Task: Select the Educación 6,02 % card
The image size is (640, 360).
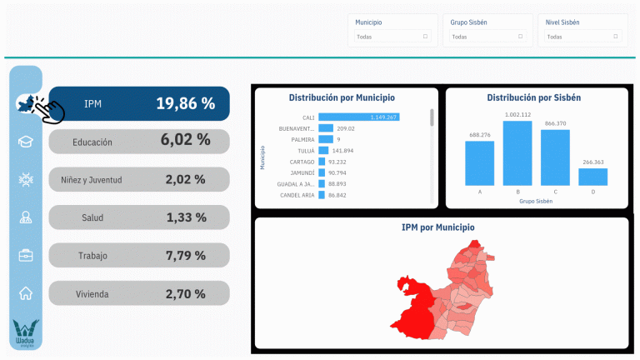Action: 138,141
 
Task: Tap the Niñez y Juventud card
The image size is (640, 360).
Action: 138,179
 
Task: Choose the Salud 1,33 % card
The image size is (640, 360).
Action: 138,217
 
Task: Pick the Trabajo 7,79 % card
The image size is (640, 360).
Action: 138,255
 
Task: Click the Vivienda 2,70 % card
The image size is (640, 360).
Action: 138,292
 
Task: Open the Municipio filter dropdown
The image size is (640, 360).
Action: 392,37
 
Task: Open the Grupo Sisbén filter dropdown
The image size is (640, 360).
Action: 487,37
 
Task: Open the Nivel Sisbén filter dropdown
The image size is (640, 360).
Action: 582,37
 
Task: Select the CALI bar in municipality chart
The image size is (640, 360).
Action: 358,117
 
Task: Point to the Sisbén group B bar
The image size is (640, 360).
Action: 517,153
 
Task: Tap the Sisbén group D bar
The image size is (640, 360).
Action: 592,176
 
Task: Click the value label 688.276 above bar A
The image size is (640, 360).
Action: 479,135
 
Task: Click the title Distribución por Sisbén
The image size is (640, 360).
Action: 534,97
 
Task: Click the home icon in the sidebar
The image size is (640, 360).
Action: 26,292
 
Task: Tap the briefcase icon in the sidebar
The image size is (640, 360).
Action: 26,255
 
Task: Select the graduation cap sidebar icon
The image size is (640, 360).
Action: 26,142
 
